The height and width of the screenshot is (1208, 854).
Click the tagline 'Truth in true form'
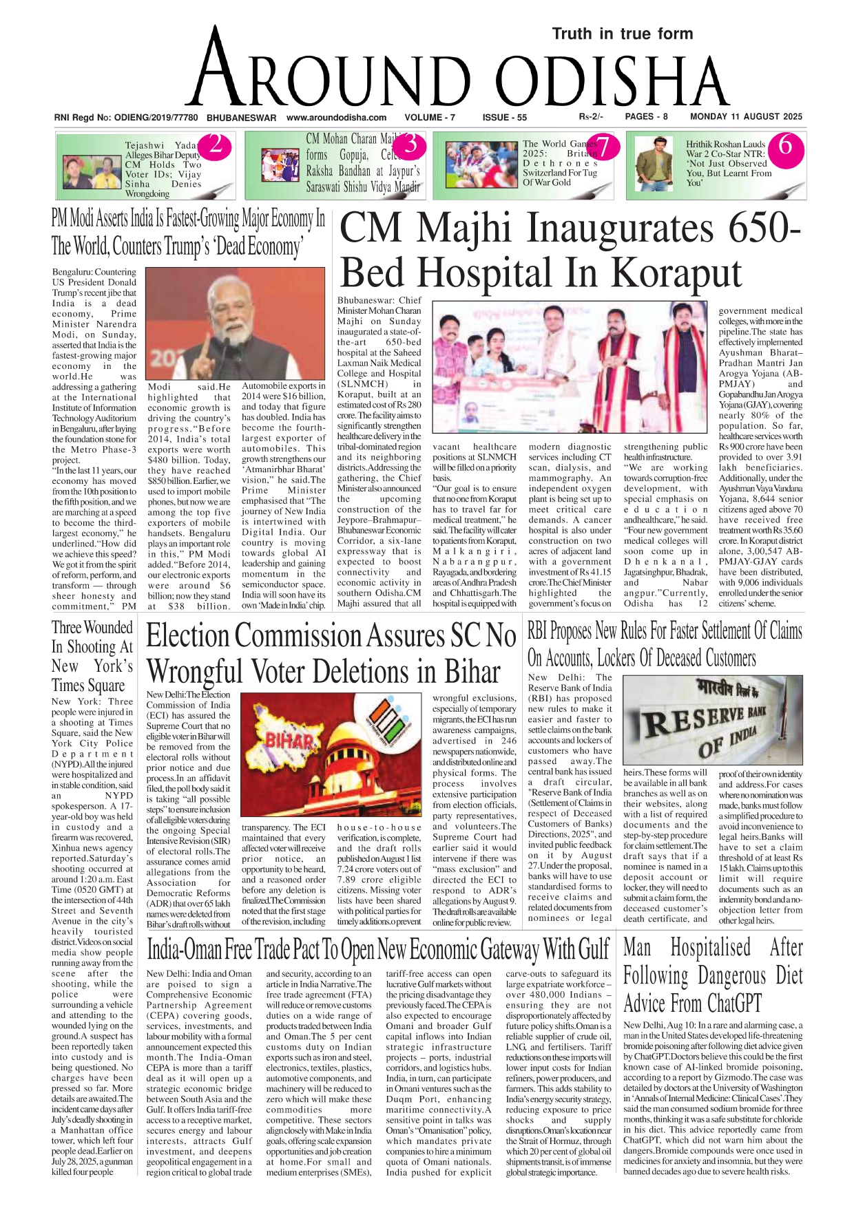coord(622,34)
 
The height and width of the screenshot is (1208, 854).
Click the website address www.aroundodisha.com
coord(336,118)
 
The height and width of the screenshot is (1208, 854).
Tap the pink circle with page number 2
coord(215,145)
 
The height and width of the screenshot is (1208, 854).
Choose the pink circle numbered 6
coord(784,146)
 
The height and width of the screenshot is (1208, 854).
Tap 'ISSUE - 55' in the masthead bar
coord(505,118)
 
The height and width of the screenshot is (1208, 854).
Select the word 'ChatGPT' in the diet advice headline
coord(727,1003)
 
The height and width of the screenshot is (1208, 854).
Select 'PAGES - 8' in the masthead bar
coord(646,117)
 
